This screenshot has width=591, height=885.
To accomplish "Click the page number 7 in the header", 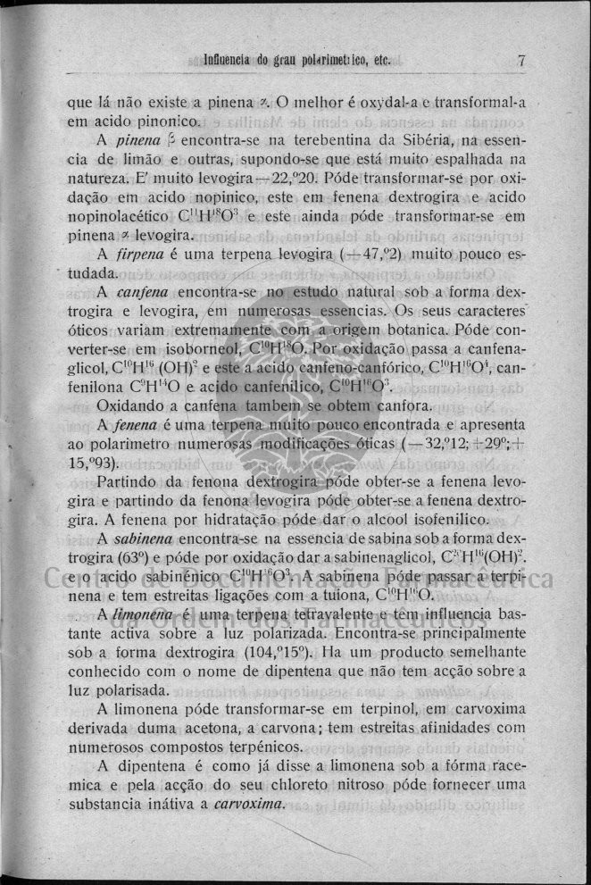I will pyautogui.click(x=519, y=62).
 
